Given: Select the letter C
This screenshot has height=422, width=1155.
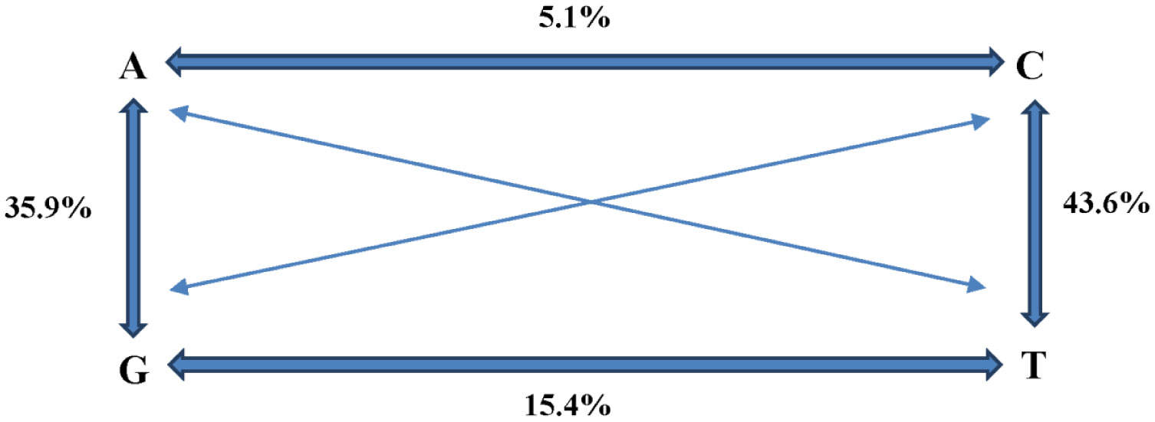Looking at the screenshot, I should coord(1028,68).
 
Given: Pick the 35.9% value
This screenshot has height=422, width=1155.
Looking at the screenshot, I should coord(48,208).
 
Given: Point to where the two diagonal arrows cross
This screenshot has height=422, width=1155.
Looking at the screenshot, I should coord(591,202).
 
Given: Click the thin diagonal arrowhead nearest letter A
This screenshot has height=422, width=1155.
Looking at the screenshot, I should coord(177,113).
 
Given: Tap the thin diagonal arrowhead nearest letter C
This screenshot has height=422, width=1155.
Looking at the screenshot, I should coord(981,120).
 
